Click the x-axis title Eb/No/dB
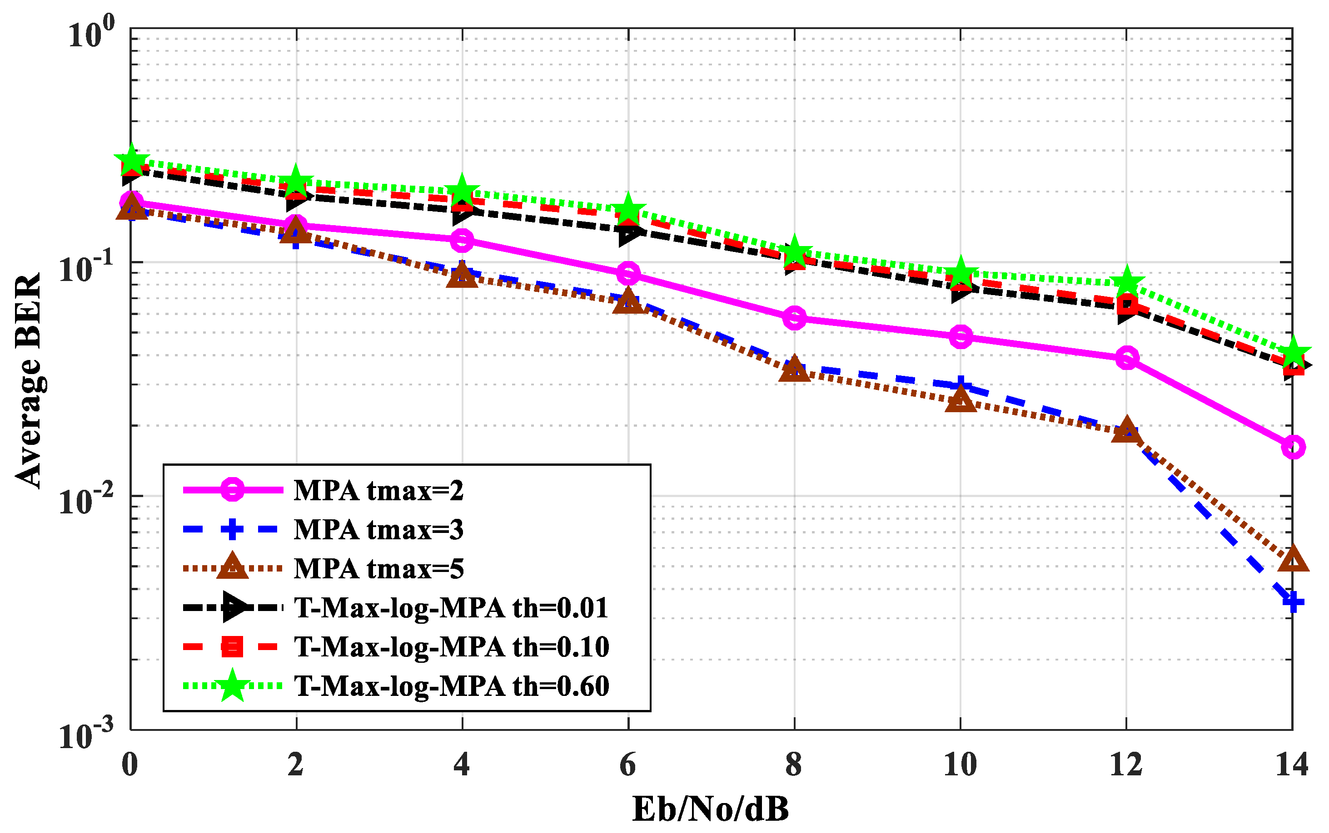coord(710,809)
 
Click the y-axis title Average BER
coord(29,380)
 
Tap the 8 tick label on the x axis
coord(794,765)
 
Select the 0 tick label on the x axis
coord(129,765)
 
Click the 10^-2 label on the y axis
coord(85,499)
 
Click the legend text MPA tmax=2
coord(378,490)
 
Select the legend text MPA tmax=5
coord(378,568)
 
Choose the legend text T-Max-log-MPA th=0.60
coord(451,686)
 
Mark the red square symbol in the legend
coord(232,647)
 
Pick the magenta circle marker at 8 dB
coord(794,318)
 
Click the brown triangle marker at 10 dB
coord(961,400)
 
